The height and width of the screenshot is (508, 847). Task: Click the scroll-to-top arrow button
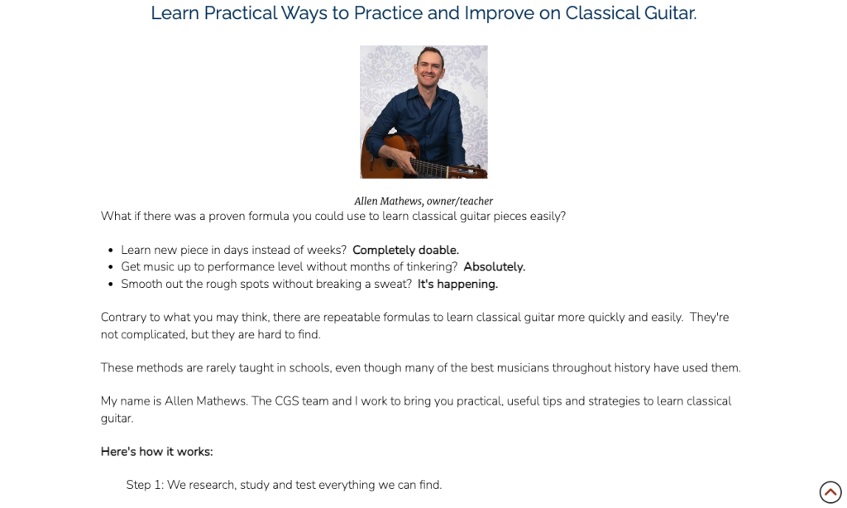(830, 492)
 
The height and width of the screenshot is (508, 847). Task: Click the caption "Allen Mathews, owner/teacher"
(423, 201)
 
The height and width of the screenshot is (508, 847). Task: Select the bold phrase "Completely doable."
(405, 250)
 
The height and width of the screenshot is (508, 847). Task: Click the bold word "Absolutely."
(495, 267)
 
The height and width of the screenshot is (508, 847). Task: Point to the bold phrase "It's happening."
(457, 285)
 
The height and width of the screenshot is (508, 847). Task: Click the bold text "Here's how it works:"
(156, 452)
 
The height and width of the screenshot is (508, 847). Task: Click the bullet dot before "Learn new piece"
(111, 251)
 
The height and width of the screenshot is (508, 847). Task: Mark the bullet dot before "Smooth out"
(111, 285)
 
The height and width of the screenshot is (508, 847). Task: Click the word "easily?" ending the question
(548, 216)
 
